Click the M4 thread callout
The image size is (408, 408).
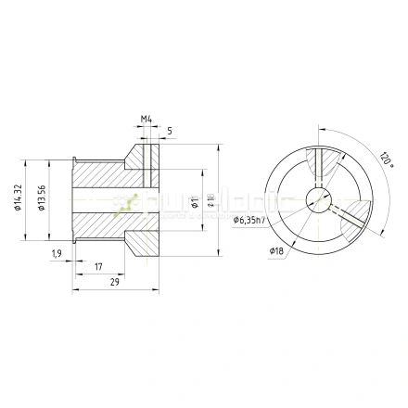pos(146,119)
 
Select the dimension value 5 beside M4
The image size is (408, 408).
pos(168,132)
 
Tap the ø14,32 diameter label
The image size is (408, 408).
pos(19,196)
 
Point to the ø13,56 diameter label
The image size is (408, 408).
pos(40,196)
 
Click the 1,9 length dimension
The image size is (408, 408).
pos(57,253)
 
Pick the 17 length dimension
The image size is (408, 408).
pos(98,267)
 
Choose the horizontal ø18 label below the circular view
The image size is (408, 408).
pos(276,251)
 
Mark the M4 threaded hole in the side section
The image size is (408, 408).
pos(146,162)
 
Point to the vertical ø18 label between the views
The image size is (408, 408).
pos(210,200)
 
